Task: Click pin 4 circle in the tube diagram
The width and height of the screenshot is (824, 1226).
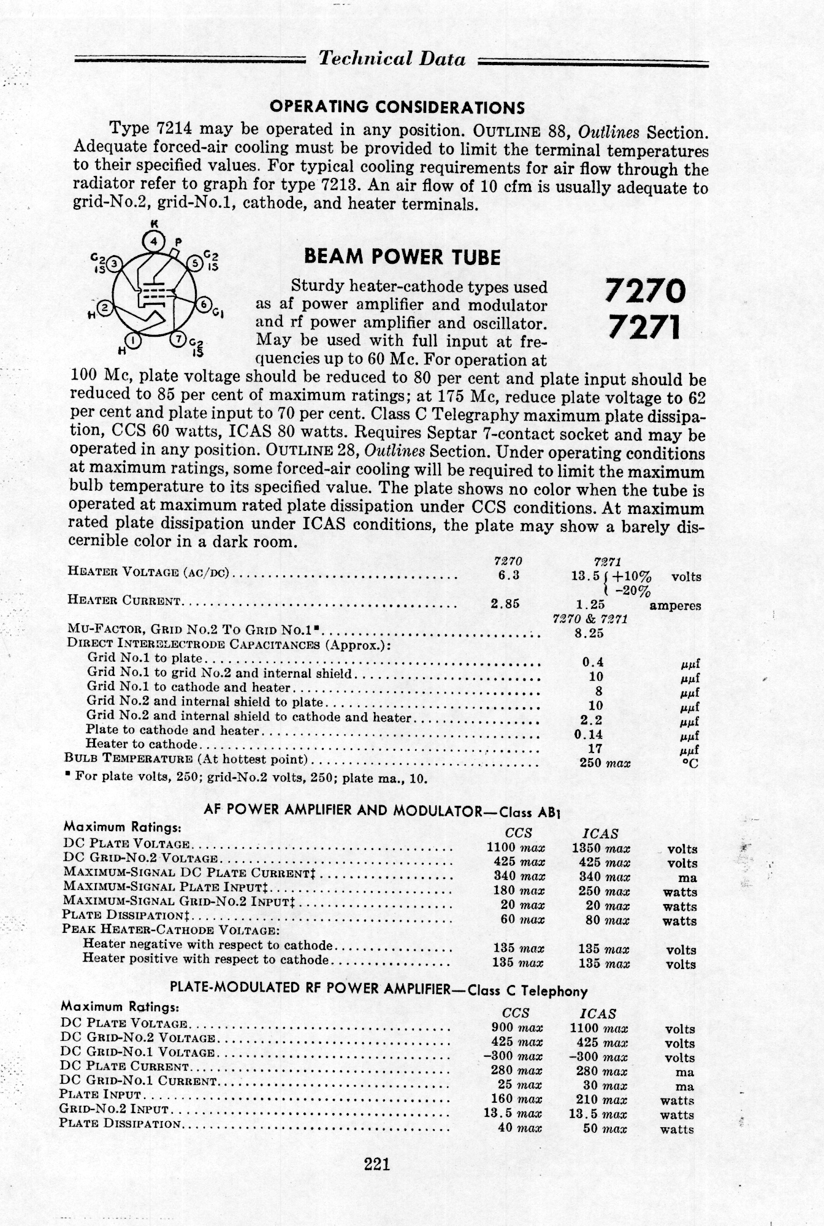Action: point(154,240)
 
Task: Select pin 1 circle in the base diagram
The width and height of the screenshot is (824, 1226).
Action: point(132,339)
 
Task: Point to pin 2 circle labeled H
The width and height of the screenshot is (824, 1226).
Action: point(105,308)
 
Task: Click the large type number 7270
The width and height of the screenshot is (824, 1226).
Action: point(644,290)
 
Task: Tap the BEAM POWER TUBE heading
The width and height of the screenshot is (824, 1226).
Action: point(402,257)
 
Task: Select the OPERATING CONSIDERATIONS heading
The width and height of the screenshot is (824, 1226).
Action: point(397,108)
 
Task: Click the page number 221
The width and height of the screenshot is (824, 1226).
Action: point(377,1163)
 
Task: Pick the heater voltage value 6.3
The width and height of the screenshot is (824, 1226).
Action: point(509,575)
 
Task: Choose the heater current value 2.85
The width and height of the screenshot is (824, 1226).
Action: point(505,603)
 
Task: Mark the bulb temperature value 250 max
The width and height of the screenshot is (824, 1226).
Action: point(605,763)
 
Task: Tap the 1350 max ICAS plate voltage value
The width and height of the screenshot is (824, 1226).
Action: point(600,849)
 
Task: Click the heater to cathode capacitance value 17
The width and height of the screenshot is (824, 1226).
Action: point(595,748)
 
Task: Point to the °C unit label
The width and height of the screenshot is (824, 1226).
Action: point(690,764)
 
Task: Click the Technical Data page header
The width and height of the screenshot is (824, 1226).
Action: point(392,59)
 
